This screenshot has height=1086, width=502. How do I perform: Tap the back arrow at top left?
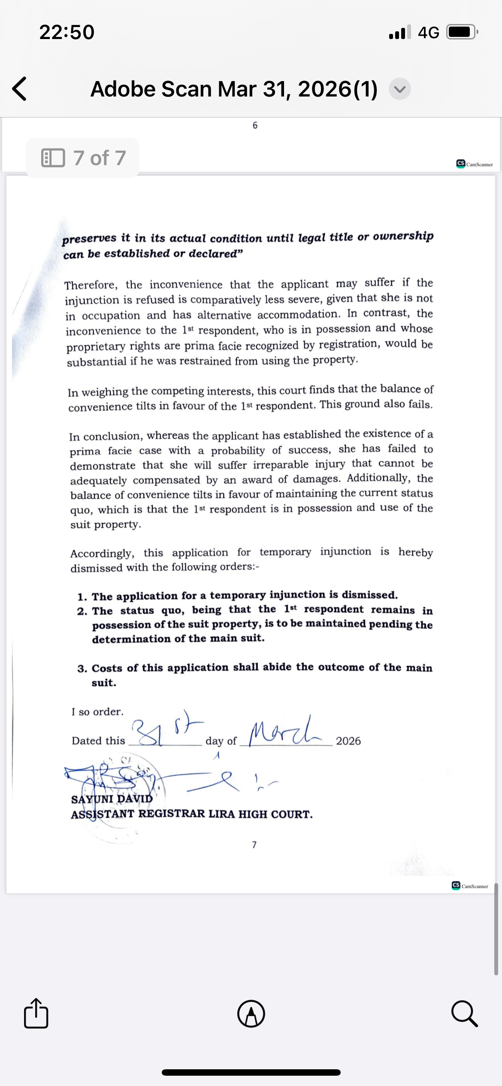pyautogui.click(x=20, y=89)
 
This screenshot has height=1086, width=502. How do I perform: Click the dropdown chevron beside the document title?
pyautogui.click(x=399, y=89)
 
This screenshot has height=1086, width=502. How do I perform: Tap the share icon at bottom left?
pyautogui.click(x=36, y=1014)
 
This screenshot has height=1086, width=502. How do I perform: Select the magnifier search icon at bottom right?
pyautogui.click(x=464, y=1014)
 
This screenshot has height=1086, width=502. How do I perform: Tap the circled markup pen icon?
pyautogui.click(x=251, y=1014)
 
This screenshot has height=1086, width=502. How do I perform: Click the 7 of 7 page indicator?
pyautogui.click(x=83, y=158)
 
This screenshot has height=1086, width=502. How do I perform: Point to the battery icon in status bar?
pyautogui.click(x=462, y=32)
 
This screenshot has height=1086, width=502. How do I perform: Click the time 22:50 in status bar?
pyautogui.click(x=67, y=32)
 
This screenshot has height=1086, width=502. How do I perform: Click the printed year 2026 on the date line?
pyautogui.click(x=348, y=741)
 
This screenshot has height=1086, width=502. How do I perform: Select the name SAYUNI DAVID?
pyautogui.click(x=112, y=799)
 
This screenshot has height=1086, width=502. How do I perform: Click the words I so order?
pyautogui.click(x=97, y=712)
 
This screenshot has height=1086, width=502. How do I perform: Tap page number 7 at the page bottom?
pyautogui.click(x=254, y=845)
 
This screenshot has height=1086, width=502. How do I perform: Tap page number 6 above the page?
pyautogui.click(x=255, y=125)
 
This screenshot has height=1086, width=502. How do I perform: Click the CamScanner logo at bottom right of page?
pyautogui.click(x=470, y=886)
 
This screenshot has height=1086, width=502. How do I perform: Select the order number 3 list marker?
pyautogui.click(x=82, y=669)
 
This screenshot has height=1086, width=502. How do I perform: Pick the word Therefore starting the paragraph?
pyautogui.click(x=90, y=285)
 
